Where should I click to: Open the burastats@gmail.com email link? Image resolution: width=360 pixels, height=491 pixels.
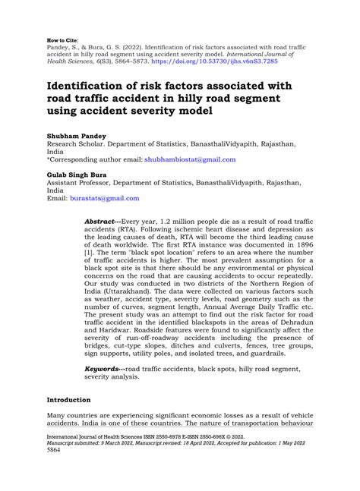tap(106, 198)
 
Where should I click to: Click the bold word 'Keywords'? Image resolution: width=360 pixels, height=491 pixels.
tap(104, 367)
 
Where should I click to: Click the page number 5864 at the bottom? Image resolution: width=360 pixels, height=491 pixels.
tap(55, 471)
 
